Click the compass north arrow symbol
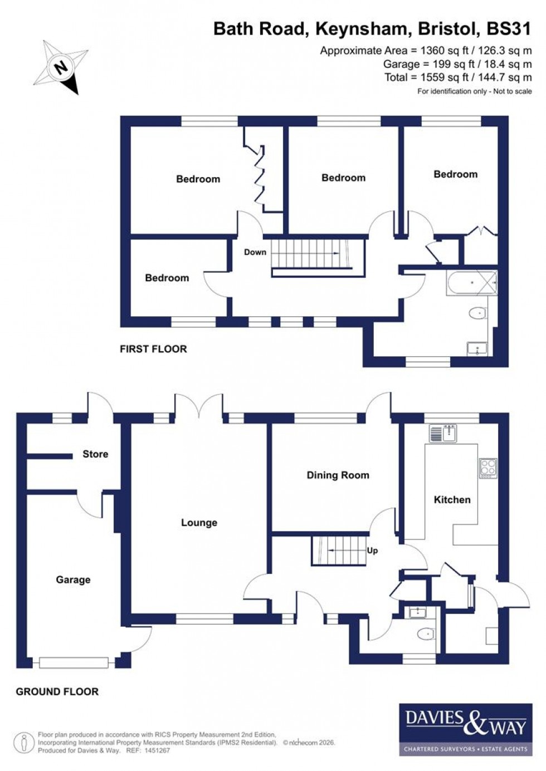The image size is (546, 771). (61, 67)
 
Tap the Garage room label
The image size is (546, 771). (73, 580)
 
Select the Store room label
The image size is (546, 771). (95, 454)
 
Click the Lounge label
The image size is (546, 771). (199, 522)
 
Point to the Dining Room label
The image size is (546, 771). (338, 475)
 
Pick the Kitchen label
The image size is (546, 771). (452, 499)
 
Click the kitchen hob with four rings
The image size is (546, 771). (487, 468)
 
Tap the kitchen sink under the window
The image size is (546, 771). (443, 433)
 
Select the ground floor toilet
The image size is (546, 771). (426, 634)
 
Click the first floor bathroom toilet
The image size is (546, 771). (478, 314)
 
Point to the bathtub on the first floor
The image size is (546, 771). (471, 283)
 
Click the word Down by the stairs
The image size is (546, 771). (255, 252)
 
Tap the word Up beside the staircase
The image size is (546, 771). (372, 550)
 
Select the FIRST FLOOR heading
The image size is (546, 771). (153, 349)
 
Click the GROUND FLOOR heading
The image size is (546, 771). (57, 691)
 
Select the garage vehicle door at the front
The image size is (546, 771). (74, 662)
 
